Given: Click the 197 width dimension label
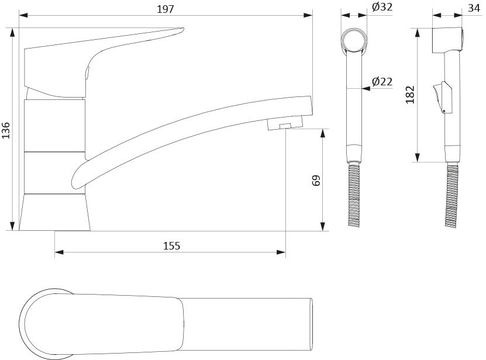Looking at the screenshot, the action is (x=165, y=9).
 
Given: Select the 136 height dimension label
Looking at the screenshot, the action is (x=6, y=130).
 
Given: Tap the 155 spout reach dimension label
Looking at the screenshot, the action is (x=171, y=245).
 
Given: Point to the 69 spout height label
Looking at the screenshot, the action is (x=316, y=180).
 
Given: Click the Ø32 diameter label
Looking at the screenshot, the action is (x=382, y=7).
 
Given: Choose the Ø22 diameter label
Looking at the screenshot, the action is (x=382, y=81).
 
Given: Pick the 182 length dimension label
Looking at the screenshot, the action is (x=410, y=95).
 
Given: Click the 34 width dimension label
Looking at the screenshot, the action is (x=474, y=8).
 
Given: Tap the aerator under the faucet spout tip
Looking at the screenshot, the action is (x=285, y=124).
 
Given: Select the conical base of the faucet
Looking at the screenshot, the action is (x=54, y=212).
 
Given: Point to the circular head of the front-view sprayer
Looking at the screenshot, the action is (x=354, y=40).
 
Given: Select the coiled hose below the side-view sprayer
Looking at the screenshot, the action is (x=451, y=196).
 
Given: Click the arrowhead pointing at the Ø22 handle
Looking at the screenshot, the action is (x=366, y=89).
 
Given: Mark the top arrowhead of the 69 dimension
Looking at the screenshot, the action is (x=323, y=133).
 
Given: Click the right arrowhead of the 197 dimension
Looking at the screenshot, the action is (x=308, y=15).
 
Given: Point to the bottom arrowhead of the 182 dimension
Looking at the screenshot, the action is (x=417, y=157).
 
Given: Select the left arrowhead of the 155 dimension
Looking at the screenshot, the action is (x=59, y=252).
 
